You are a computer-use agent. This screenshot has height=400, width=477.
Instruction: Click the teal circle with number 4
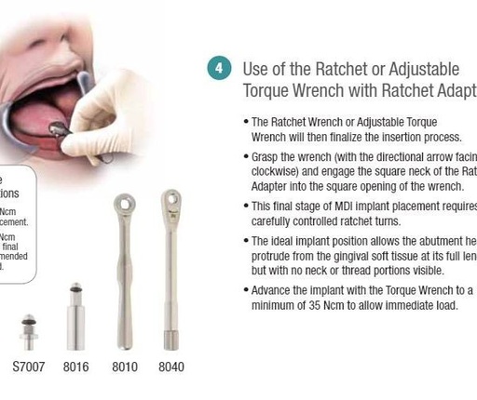[x=218, y=70]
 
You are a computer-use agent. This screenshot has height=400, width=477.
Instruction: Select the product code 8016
[x=75, y=367]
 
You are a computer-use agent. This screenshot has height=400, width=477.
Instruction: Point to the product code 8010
[x=123, y=367]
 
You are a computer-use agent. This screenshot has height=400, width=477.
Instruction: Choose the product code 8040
[x=170, y=367]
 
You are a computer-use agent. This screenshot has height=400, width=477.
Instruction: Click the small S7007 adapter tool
[x=29, y=329]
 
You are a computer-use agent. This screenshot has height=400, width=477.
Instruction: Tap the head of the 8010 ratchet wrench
[x=123, y=204]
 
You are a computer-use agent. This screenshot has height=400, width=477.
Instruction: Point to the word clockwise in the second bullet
[x=279, y=172]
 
